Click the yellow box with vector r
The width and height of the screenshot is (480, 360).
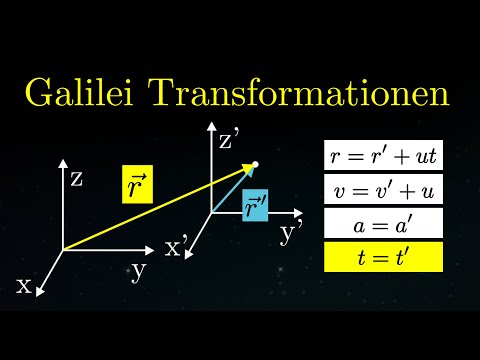click(x=137, y=185)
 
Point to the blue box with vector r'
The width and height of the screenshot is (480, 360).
click(x=255, y=208)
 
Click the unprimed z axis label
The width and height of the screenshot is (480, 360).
click(x=76, y=179)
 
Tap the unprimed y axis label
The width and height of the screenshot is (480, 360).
click(x=138, y=271)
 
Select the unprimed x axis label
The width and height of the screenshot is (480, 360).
click(x=24, y=285)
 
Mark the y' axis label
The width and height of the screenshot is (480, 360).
click(x=292, y=233)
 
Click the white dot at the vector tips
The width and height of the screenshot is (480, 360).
click(x=256, y=164)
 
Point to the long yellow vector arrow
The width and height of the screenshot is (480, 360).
click(x=150, y=209)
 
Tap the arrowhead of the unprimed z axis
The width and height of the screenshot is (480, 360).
click(x=62, y=162)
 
